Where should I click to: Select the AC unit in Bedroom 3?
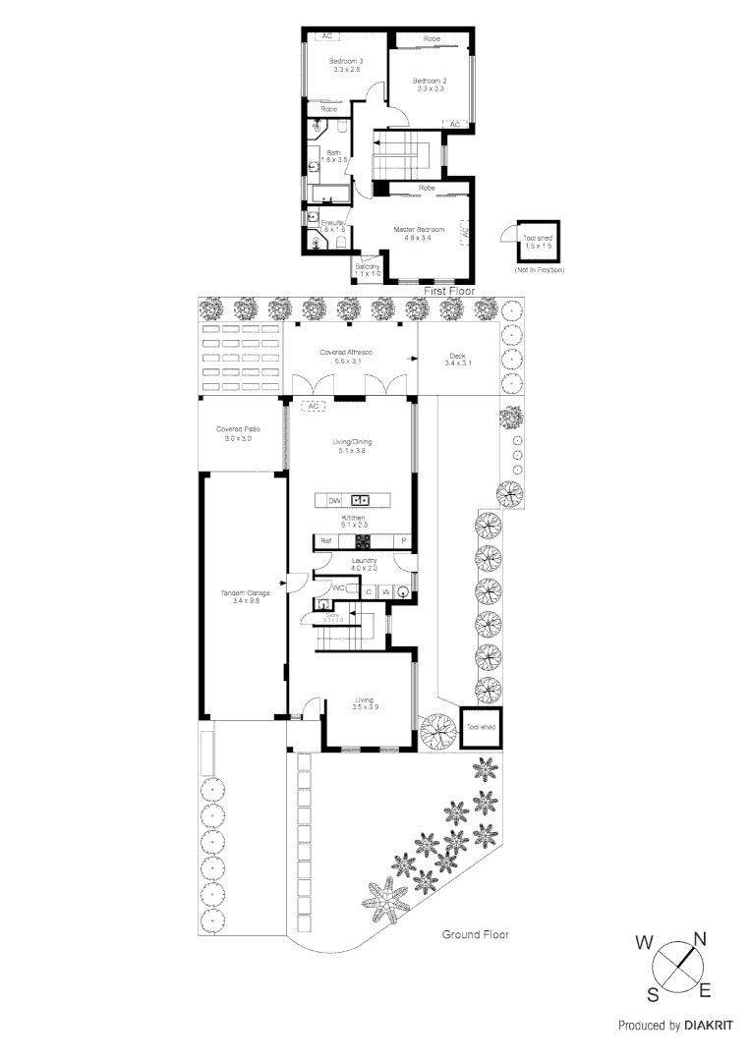(325, 36)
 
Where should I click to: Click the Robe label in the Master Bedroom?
(427, 188)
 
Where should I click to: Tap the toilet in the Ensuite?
(317, 241)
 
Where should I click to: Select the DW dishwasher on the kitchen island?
(334, 501)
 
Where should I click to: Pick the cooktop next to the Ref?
(362, 541)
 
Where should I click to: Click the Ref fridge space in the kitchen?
(325, 541)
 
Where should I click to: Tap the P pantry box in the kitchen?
(403, 541)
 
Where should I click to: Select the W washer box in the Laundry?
(385, 591)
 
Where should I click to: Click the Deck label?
(457, 359)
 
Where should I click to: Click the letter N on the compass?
(700, 938)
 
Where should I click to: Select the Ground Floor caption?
(475, 935)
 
